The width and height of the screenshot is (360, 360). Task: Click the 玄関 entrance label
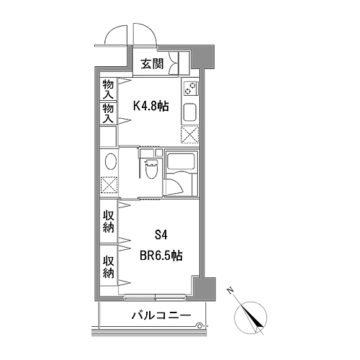152,64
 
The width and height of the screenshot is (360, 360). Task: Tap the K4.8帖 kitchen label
151,106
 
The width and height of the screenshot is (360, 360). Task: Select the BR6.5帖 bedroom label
161,256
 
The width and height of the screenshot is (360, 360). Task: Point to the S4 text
161,235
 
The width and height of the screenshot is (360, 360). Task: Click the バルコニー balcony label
161,315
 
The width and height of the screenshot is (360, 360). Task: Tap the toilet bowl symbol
151,169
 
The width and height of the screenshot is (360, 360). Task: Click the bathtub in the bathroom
181,161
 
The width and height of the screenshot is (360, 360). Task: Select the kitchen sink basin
190,113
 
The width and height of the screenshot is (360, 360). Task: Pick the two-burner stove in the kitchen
191,88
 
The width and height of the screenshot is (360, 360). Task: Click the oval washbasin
111,162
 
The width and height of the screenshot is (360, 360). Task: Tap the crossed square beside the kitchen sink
190,135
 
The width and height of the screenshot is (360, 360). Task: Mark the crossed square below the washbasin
109,185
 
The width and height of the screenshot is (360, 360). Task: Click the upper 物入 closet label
108,89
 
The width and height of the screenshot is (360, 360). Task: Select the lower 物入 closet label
108,114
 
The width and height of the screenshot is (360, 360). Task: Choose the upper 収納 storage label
108,222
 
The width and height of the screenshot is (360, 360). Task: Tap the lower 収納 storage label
108,267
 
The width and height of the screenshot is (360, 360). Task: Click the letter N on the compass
230,291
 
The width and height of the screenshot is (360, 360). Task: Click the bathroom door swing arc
179,186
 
